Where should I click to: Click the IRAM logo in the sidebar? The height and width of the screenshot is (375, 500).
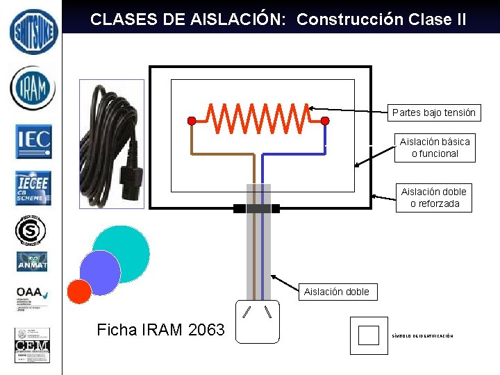[32, 88]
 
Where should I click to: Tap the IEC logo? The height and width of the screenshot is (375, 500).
[33, 140]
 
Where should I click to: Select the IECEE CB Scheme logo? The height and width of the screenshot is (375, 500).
[33, 187]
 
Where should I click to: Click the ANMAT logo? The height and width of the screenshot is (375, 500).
[33, 262]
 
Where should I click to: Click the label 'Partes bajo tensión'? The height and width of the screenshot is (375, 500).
[433, 112]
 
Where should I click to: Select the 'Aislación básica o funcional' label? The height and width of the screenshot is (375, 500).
[435, 147]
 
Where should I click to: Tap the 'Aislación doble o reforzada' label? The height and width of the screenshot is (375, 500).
[434, 197]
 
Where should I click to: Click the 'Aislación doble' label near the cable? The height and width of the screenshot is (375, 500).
[337, 292]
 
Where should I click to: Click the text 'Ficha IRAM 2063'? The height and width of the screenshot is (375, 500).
[161, 330]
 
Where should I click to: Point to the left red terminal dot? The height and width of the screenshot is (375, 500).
[192, 121]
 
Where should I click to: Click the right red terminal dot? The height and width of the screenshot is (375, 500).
[324, 121]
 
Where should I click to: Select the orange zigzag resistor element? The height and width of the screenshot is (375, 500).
[259, 118]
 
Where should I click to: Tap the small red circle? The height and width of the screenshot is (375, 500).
[80, 292]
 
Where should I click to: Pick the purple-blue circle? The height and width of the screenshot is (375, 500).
[100, 272]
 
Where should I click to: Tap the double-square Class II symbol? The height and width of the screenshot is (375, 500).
[369, 335]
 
